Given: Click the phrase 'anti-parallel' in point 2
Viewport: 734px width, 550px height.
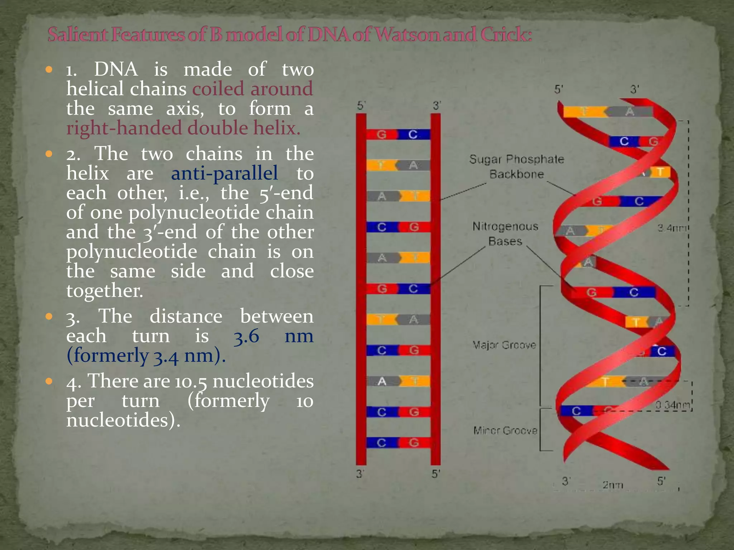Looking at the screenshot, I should [224, 173].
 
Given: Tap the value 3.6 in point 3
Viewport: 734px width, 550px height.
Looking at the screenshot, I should [246, 336].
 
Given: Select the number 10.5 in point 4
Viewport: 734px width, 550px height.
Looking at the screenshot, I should [191, 381].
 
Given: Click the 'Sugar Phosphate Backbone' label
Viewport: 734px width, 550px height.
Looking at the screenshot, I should [516, 167].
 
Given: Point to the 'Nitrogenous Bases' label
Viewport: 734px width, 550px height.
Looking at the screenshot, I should [505, 233].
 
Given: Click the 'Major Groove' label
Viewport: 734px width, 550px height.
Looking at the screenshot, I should [504, 345].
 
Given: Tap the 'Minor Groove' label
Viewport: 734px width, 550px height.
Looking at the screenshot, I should [505, 430].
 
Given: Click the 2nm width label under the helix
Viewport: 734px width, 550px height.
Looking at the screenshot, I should [613, 485].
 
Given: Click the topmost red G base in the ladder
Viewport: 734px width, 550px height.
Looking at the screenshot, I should [381, 135].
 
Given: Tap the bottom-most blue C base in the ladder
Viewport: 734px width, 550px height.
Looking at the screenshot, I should [381, 443].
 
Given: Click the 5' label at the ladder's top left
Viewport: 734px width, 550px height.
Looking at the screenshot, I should [361, 106].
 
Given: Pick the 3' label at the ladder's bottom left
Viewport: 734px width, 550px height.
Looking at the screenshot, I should [360, 474].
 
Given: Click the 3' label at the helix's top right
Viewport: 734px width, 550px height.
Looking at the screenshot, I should [635, 89].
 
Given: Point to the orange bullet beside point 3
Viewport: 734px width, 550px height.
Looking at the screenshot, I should [49, 317].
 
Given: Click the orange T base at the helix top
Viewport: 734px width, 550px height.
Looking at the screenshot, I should [585, 112].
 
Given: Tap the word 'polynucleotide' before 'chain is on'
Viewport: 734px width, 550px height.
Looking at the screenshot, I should [132, 252].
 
